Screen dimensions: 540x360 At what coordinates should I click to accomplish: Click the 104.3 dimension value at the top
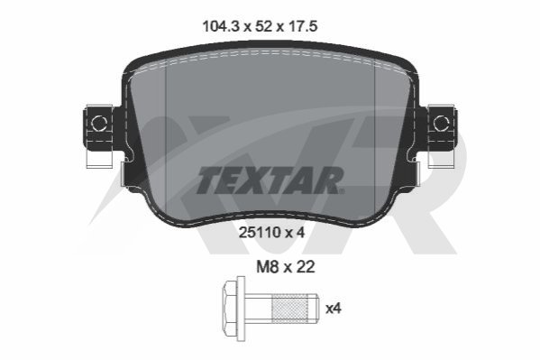[221, 26]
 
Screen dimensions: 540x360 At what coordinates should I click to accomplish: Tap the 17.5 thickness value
[302, 26]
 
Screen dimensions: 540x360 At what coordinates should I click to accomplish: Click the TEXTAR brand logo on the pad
[270, 180]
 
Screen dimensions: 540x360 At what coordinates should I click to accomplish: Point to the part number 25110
[260, 233]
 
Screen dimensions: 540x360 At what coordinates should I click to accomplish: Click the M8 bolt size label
[267, 266]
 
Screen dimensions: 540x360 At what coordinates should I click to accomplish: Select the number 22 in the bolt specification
[305, 266]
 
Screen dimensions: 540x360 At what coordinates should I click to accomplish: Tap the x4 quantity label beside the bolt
[334, 309]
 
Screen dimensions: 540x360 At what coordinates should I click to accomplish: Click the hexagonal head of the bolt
[231, 309]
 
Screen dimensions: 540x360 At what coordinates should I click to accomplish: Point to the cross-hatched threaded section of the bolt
[289, 309]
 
